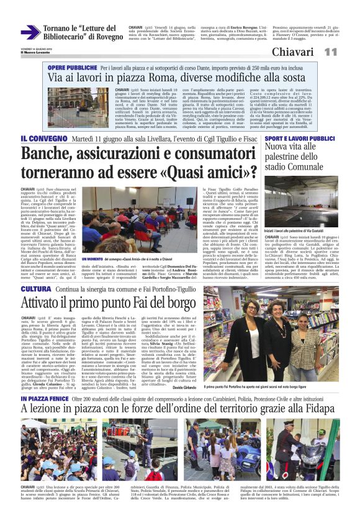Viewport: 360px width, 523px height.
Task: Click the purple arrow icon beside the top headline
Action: tap(30, 32)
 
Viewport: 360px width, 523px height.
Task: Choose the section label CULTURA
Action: tap(35, 289)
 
